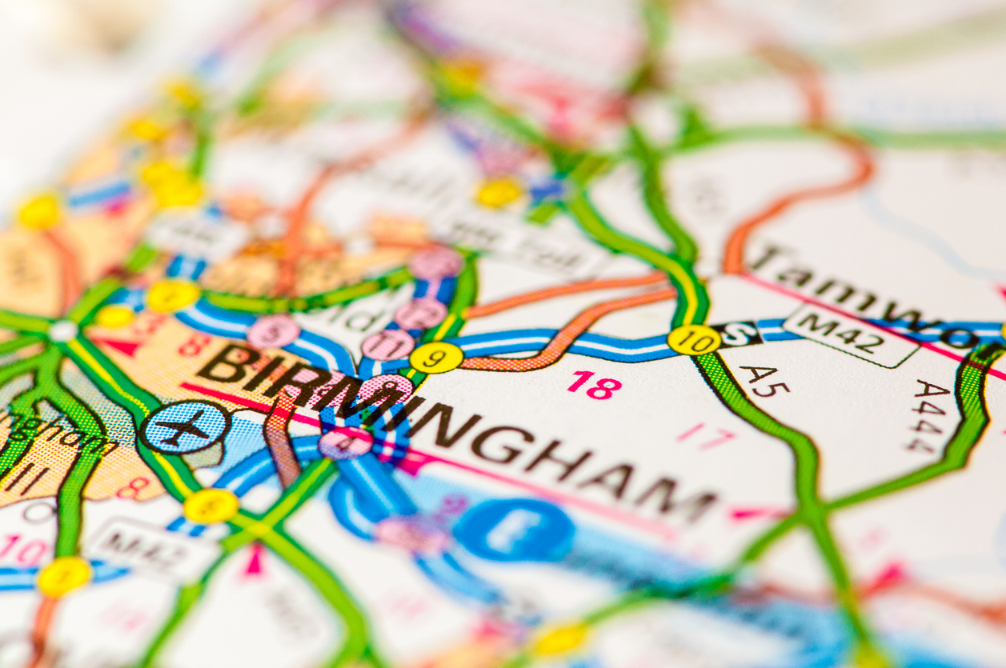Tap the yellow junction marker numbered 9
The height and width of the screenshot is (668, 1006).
point(436,358)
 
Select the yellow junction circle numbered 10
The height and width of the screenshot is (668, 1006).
point(693,340)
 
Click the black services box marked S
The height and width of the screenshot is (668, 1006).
point(735,334)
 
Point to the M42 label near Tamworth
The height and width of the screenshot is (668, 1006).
point(849,334)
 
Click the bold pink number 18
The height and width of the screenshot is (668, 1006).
point(594,385)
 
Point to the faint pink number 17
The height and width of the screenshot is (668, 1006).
point(704,437)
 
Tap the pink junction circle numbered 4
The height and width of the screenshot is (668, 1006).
point(346,443)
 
